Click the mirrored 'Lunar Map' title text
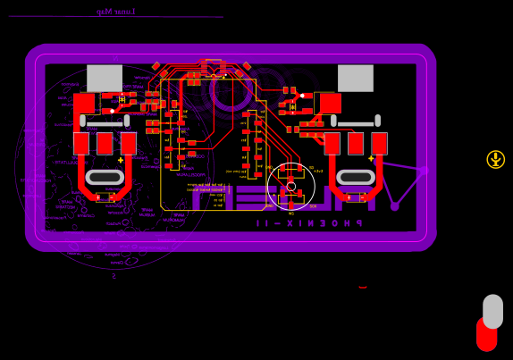click(115, 12)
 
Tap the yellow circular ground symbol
click(495, 160)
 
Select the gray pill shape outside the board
click(492, 311)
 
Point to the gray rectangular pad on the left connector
click(105, 78)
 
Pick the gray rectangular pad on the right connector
click(356, 78)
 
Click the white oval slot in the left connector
click(105, 177)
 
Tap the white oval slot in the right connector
click(356, 177)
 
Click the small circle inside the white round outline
click(291, 186)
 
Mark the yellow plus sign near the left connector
click(121, 160)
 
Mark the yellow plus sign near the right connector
click(371, 158)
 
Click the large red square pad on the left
click(84, 104)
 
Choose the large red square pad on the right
click(331, 104)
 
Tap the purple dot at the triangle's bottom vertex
click(394, 206)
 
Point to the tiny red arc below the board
click(363, 288)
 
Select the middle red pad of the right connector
click(356, 143)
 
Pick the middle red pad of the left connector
click(105, 143)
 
